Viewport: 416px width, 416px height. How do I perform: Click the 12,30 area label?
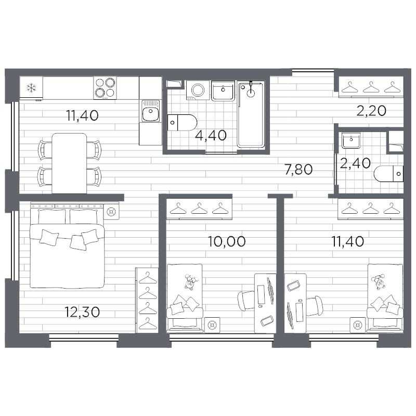[x=82, y=312]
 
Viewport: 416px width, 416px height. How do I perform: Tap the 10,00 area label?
[x=227, y=241]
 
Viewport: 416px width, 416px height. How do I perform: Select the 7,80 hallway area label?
[x=298, y=170]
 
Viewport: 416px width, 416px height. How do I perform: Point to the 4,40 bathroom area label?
[x=211, y=135]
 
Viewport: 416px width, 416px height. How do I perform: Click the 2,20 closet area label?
[x=371, y=111]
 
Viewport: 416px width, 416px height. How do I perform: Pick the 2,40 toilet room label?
[x=355, y=163]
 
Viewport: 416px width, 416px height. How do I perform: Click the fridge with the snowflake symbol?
[x=31, y=88]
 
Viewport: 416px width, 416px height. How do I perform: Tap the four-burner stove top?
[x=105, y=88]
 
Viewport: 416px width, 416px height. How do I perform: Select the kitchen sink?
[x=151, y=111]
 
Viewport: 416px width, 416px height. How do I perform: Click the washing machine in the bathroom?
[x=198, y=90]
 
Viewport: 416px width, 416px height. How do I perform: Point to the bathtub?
[x=251, y=114]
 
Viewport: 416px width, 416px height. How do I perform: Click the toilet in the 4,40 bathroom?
[x=182, y=123]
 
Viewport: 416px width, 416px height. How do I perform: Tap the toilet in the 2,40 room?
[x=388, y=174]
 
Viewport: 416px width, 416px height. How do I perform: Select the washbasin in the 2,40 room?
[x=351, y=140]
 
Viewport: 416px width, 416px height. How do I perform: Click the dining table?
[x=69, y=163]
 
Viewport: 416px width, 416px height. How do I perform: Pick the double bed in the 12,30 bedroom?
[x=67, y=248]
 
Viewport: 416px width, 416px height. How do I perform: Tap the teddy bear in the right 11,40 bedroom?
[x=379, y=282]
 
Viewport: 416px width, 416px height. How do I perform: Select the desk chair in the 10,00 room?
[x=246, y=301]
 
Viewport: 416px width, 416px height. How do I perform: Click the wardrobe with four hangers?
[x=147, y=300]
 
